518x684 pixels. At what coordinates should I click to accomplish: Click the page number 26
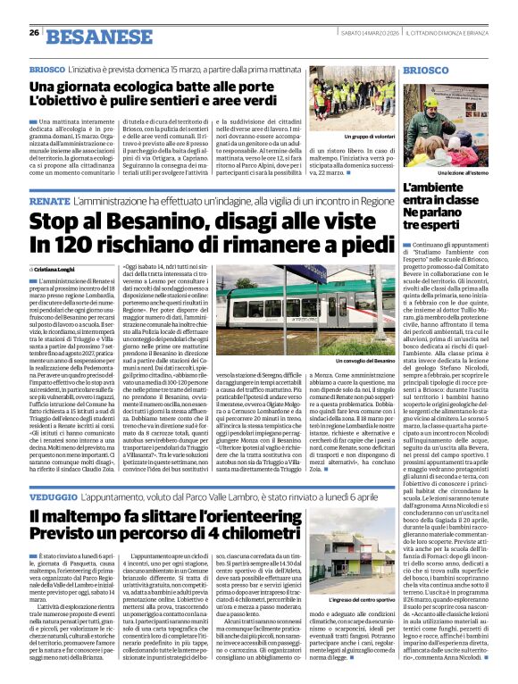tap(33, 33)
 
